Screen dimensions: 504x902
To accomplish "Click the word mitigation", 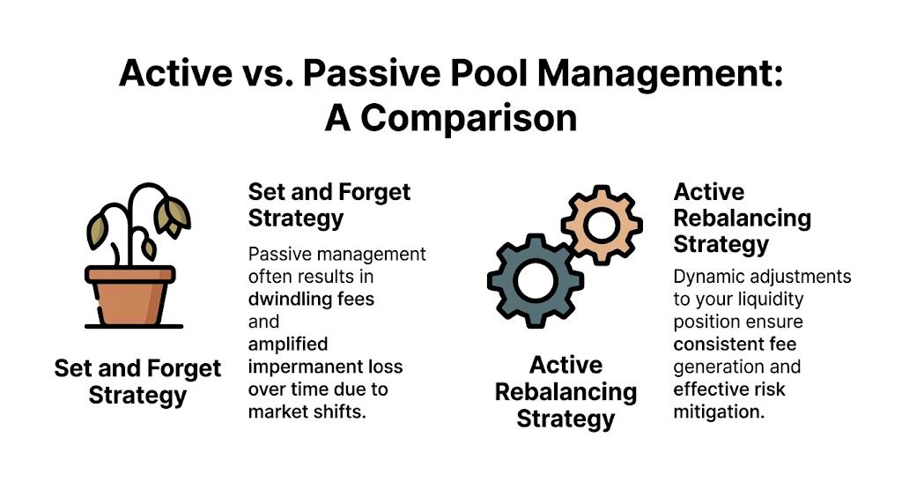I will pyautogui.click(x=716, y=411).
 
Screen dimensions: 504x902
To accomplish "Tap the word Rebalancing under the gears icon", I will pyautogui.click(x=565, y=391).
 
